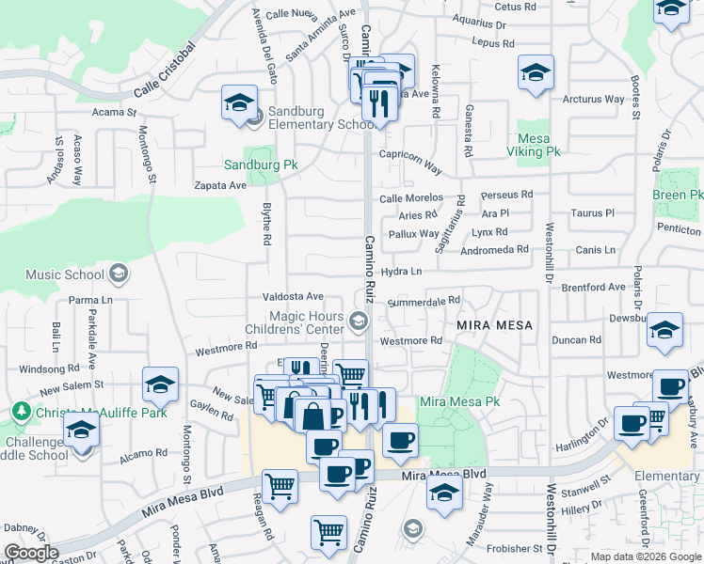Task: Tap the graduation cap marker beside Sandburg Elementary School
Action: pyautogui.click(x=239, y=102)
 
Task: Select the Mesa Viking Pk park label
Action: pyautogui.click(x=534, y=145)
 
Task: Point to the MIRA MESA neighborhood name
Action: pyautogui.click(x=495, y=325)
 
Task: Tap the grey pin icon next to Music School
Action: pyautogui.click(x=118, y=274)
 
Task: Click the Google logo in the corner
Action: pyautogui.click(x=31, y=553)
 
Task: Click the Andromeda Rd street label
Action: pyautogui.click(x=495, y=250)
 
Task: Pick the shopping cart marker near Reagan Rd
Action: pyautogui.click(x=280, y=487)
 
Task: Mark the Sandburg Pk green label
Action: pyautogui.click(x=260, y=164)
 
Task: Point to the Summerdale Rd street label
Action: pyautogui.click(x=424, y=301)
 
